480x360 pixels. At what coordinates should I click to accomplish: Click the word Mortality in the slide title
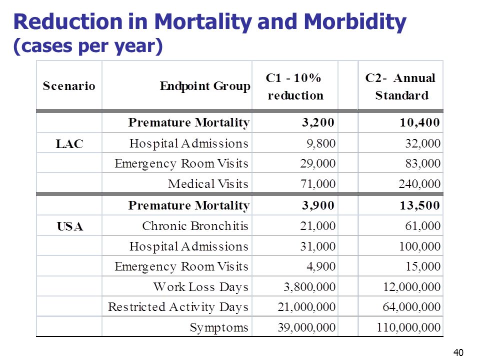203,22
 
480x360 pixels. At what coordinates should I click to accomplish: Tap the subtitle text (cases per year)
88,46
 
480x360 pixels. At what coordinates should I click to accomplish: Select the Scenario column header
69,85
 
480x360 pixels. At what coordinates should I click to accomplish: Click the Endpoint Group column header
205,86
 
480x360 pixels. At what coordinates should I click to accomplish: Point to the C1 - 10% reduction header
295,86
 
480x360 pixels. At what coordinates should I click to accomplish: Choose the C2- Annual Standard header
400,86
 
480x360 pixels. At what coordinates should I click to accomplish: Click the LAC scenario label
69,143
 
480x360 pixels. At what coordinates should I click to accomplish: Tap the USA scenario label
70,226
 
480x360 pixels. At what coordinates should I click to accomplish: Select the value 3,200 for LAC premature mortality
318,122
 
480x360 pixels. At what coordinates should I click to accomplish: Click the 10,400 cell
420,122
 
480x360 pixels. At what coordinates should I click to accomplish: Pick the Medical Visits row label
208,183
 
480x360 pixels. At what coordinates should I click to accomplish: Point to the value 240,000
419,183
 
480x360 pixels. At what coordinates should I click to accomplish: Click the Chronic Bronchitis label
195,226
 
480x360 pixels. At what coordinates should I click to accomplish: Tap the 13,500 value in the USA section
420,205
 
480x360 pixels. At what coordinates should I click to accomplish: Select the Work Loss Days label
201,287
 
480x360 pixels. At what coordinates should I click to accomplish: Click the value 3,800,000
309,287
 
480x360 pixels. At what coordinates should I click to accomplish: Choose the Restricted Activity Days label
178,307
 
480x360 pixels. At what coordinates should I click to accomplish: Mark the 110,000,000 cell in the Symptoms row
408,327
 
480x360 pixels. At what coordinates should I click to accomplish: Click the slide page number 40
458,352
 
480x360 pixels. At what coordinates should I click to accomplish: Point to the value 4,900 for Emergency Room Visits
321,266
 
